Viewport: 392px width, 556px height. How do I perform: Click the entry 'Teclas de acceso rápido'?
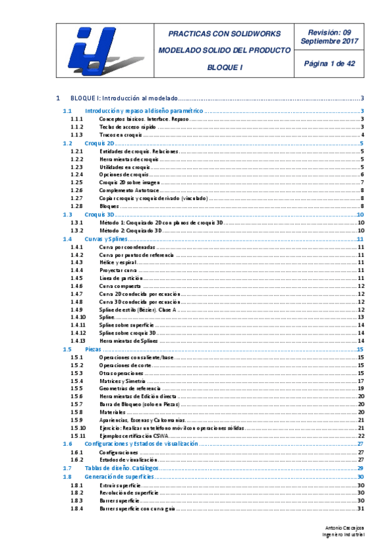pos(128,127)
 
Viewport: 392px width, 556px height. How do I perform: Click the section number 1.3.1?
pos(76,223)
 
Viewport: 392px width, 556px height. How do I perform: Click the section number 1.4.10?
pos(77,317)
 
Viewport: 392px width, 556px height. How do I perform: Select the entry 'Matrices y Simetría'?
pos(123,381)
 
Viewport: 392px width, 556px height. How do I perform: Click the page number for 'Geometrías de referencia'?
pos(361,389)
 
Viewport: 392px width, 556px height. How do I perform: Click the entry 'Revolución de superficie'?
pos(130,492)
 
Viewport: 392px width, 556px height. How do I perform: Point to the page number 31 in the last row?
pos(361,508)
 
